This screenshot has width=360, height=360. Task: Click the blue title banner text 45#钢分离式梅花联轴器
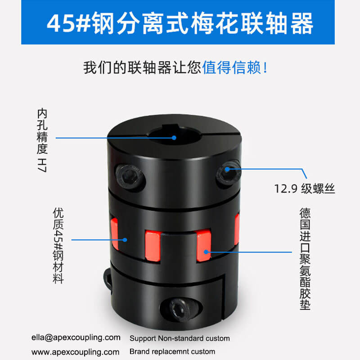tap(180, 23)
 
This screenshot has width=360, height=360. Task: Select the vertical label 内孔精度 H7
tap(42, 140)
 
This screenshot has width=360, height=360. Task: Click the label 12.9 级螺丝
tap(305, 189)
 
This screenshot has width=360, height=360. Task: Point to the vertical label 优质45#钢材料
tap(58, 245)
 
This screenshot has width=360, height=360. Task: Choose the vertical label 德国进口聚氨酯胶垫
tap(305, 259)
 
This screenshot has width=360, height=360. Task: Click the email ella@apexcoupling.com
tap(76, 337)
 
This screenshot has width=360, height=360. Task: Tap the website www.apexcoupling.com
tap(75, 352)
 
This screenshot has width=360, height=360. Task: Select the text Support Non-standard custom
tap(180, 338)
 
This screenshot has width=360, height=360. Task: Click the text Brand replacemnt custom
tap(172, 351)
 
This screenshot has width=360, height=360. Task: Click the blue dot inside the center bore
tap(174, 138)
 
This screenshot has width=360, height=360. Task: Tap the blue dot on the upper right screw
tap(227, 169)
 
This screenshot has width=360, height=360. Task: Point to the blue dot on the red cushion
tap(206, 252)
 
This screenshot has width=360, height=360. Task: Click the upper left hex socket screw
tap(130, 176)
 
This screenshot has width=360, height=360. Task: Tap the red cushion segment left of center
tap(153, 246)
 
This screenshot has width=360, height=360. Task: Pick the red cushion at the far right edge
tap(237, 229)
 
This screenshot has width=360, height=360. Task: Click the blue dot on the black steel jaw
tap(125, 240)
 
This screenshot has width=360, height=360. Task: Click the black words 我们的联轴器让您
tap(142, 68)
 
